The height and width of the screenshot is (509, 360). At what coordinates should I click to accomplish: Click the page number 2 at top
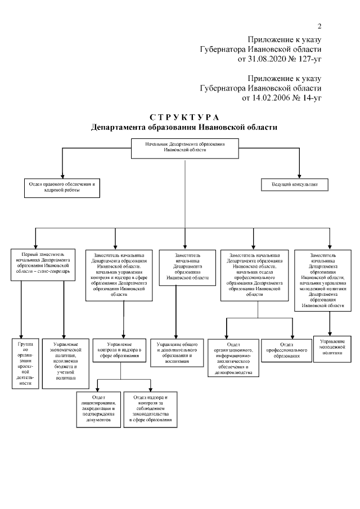319,26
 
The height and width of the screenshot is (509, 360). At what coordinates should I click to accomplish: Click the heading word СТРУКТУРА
184,117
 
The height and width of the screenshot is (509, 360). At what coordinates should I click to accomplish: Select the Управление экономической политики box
65,363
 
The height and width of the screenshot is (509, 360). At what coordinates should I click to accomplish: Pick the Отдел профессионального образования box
285,349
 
